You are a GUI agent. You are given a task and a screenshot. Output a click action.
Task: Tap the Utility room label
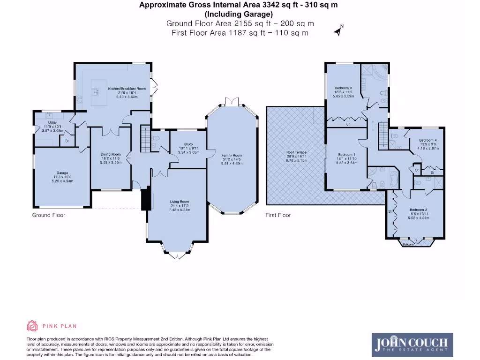pos(52,123)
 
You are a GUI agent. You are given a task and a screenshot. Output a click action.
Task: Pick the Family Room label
pos(232,155)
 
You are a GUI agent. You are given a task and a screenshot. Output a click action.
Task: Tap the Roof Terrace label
pos(295,152)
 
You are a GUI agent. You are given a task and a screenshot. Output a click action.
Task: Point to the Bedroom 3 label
pos(344,88)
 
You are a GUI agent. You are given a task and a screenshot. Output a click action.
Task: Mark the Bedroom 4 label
pos(428,140)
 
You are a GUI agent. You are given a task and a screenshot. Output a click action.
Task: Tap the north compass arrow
pos(338,31)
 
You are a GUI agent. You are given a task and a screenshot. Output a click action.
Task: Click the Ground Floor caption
pos(48,215)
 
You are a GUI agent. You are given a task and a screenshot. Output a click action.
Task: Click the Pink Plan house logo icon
pos(32,326)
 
